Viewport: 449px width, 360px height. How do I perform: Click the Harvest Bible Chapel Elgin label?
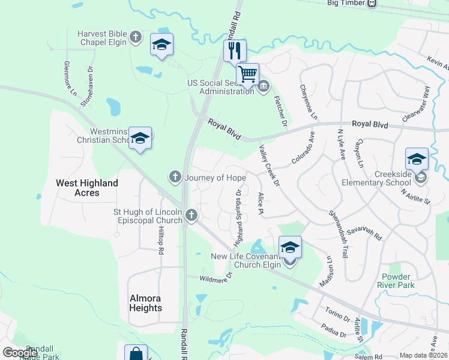point(102,38)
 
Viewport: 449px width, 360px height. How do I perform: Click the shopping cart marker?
point(247,74)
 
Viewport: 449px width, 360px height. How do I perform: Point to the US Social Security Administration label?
point(220,87)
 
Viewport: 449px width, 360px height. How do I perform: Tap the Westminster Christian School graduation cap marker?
point(140,138)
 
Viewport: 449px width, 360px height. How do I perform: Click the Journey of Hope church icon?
point(175,177)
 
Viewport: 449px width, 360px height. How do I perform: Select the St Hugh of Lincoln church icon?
point(191,215)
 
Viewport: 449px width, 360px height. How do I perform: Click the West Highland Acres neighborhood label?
point(87,187)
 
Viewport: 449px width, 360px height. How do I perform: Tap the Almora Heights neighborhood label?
point(146,303)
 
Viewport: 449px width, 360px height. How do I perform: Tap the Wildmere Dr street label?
point(216,277)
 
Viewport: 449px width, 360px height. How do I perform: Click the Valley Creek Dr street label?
point(270,164)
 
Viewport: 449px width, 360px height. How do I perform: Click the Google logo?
point(20,353)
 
